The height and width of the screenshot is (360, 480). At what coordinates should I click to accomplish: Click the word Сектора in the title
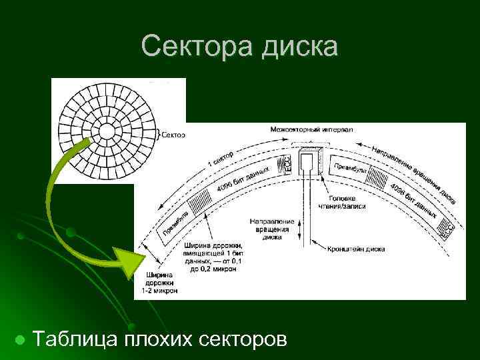[191, 47]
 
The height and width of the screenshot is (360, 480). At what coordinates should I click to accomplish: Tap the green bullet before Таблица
[20, 340]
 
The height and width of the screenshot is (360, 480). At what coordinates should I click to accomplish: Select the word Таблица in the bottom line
[75, 339]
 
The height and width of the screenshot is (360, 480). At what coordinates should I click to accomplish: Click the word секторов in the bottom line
[243, 339]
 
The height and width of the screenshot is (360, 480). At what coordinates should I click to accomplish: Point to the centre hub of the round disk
[107, 129]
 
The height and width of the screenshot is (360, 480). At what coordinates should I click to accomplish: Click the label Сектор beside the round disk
[173, 134]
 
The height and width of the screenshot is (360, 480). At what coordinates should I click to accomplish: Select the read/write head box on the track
[309, 163]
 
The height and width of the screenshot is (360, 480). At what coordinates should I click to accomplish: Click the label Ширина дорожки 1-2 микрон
[159, 283]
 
